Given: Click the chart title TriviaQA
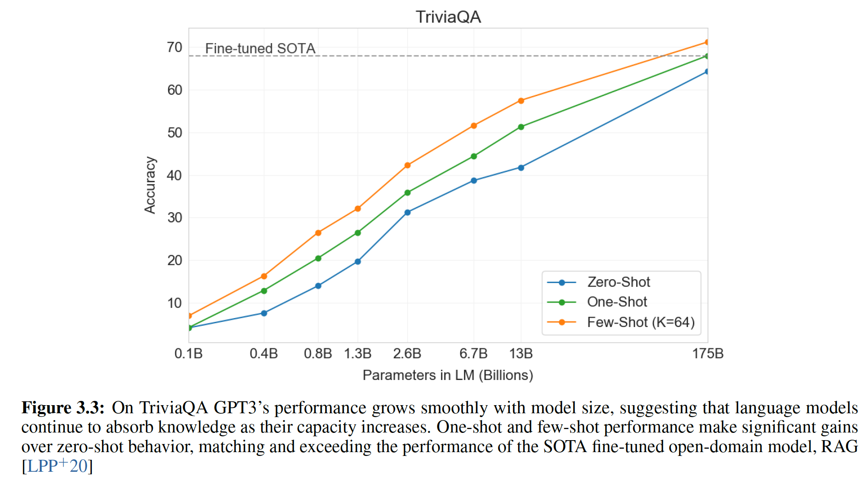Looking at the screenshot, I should [448, 17].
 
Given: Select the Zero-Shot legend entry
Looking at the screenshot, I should [618, 282].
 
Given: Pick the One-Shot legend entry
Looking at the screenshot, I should [617, 302].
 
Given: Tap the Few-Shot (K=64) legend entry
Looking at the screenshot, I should [641, 322].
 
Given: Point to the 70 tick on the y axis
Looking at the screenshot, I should [175, 47].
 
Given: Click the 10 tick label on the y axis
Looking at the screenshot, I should [175, 303].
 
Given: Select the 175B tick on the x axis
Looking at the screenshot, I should [708, 353].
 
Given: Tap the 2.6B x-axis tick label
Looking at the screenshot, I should [407, 353].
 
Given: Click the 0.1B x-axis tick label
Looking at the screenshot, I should [188, 353].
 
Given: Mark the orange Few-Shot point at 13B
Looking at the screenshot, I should [521, 101].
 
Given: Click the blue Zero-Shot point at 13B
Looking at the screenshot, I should [521, 168].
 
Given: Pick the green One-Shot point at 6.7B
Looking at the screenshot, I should [474, 156].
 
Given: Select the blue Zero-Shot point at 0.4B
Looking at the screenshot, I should [264, 313].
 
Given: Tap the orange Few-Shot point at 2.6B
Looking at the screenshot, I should [408, 165].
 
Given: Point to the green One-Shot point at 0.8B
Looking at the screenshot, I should [318, 258].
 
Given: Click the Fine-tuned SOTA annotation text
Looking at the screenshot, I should [260, 48].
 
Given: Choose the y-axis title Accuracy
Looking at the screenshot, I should [150, 185].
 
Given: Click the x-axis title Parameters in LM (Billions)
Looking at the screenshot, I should [448, 375].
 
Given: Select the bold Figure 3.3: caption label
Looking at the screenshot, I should [63, 408].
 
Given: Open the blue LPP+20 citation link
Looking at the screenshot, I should [57, 466].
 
